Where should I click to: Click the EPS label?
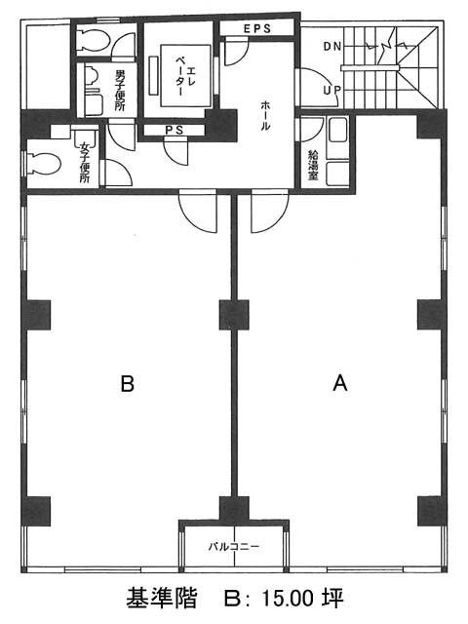click(x=257, y=28)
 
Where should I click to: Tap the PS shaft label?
click(x=175, y=130)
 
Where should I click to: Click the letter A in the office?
click(x=340, y=384)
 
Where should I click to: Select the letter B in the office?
click(x=128, y=384)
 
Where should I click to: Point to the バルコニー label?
click(x=234, y=546)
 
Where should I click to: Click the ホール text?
click(x=265, y=116)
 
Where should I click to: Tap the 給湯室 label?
click(x=313, y=166)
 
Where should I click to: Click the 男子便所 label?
click(x=120, y=91)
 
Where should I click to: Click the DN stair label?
click(x=332, y=46)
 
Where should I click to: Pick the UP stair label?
click(x=331, y=91)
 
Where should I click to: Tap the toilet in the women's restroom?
click(x=43, y=164)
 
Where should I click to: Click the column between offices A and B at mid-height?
click(x=234, y=315)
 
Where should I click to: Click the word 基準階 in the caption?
click(x=162, y=598)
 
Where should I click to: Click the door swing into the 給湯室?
click(x=312, y=130)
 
